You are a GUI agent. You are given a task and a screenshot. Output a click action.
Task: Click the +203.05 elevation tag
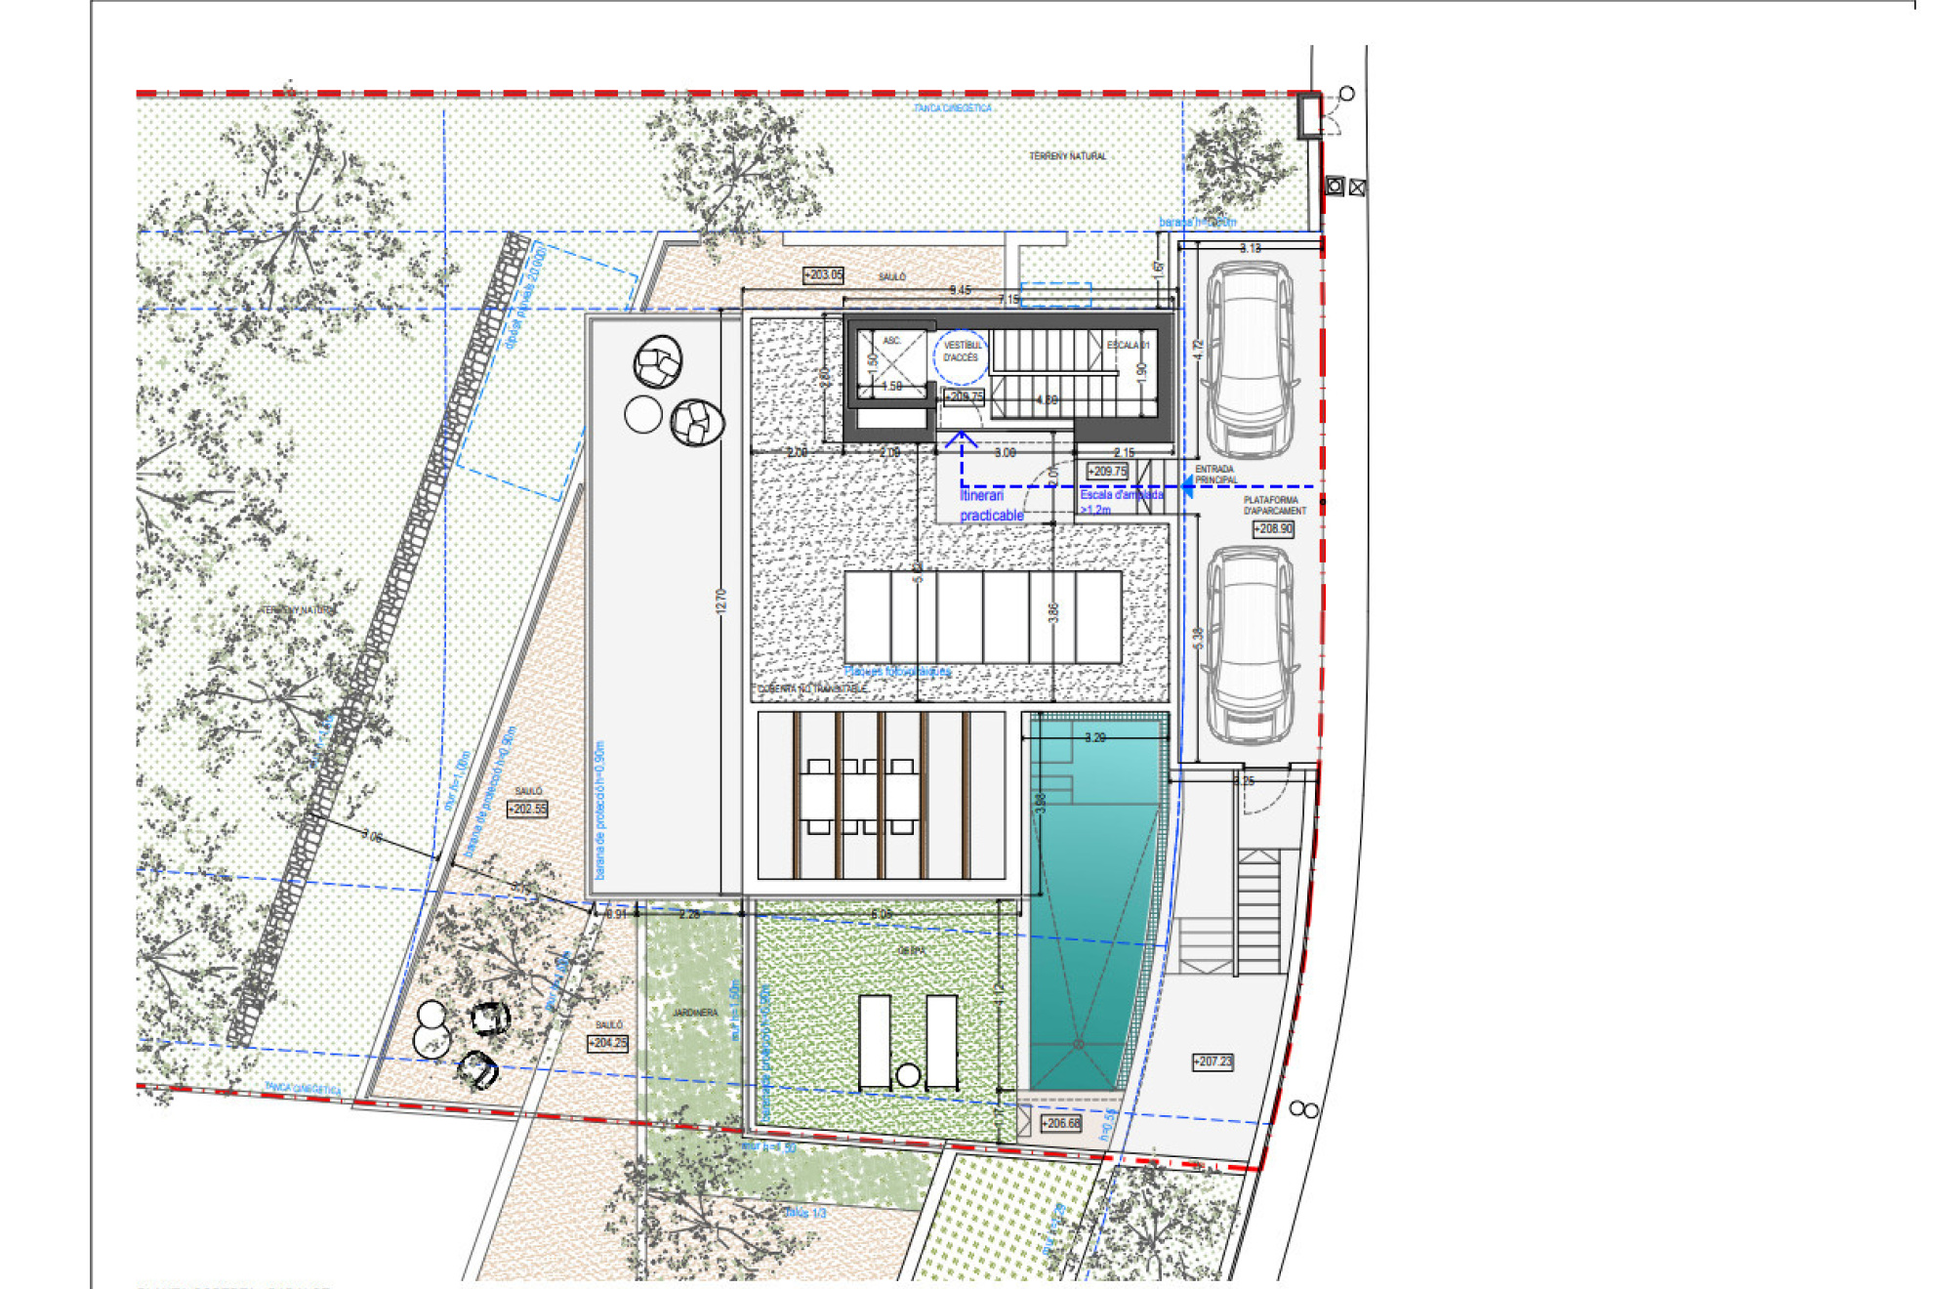tap(823, 275)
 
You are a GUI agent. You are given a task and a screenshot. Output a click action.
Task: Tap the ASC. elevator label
tap(891, 341)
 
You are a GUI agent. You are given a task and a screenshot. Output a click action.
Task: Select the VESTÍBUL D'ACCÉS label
tap(962, 352)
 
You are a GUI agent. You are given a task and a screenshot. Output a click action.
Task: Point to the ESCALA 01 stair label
tap(1128, 346)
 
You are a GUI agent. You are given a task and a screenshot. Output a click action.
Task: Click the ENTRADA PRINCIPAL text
tap(1214, 475)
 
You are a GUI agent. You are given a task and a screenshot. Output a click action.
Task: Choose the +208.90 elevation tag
tap(1273, 529)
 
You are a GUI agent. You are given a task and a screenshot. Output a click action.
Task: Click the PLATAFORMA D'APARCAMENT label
tap(1274, 505)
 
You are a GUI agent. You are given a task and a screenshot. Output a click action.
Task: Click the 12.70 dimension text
tap(721, 601)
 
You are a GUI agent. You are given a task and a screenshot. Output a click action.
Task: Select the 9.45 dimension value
tap(961, 290)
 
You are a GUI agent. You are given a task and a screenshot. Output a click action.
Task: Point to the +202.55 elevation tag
tap(527, 810)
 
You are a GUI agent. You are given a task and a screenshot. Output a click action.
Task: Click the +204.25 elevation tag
tap(607, 1044)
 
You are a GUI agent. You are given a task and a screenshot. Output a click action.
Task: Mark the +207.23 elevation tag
tap(1213, 1061)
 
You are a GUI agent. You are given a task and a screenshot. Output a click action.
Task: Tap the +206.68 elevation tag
tap(1060, 1124)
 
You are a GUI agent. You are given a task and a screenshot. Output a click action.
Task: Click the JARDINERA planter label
tap(695, 1014)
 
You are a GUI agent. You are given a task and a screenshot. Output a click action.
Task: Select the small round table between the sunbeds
tap(908, 1075)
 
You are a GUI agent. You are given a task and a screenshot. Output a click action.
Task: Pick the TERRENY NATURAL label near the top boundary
tap(1068, 156)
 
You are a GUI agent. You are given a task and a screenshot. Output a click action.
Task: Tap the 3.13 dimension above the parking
tap(1251, 248)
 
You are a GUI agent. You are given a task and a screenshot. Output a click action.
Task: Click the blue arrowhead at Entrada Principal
tap(1188, 486)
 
